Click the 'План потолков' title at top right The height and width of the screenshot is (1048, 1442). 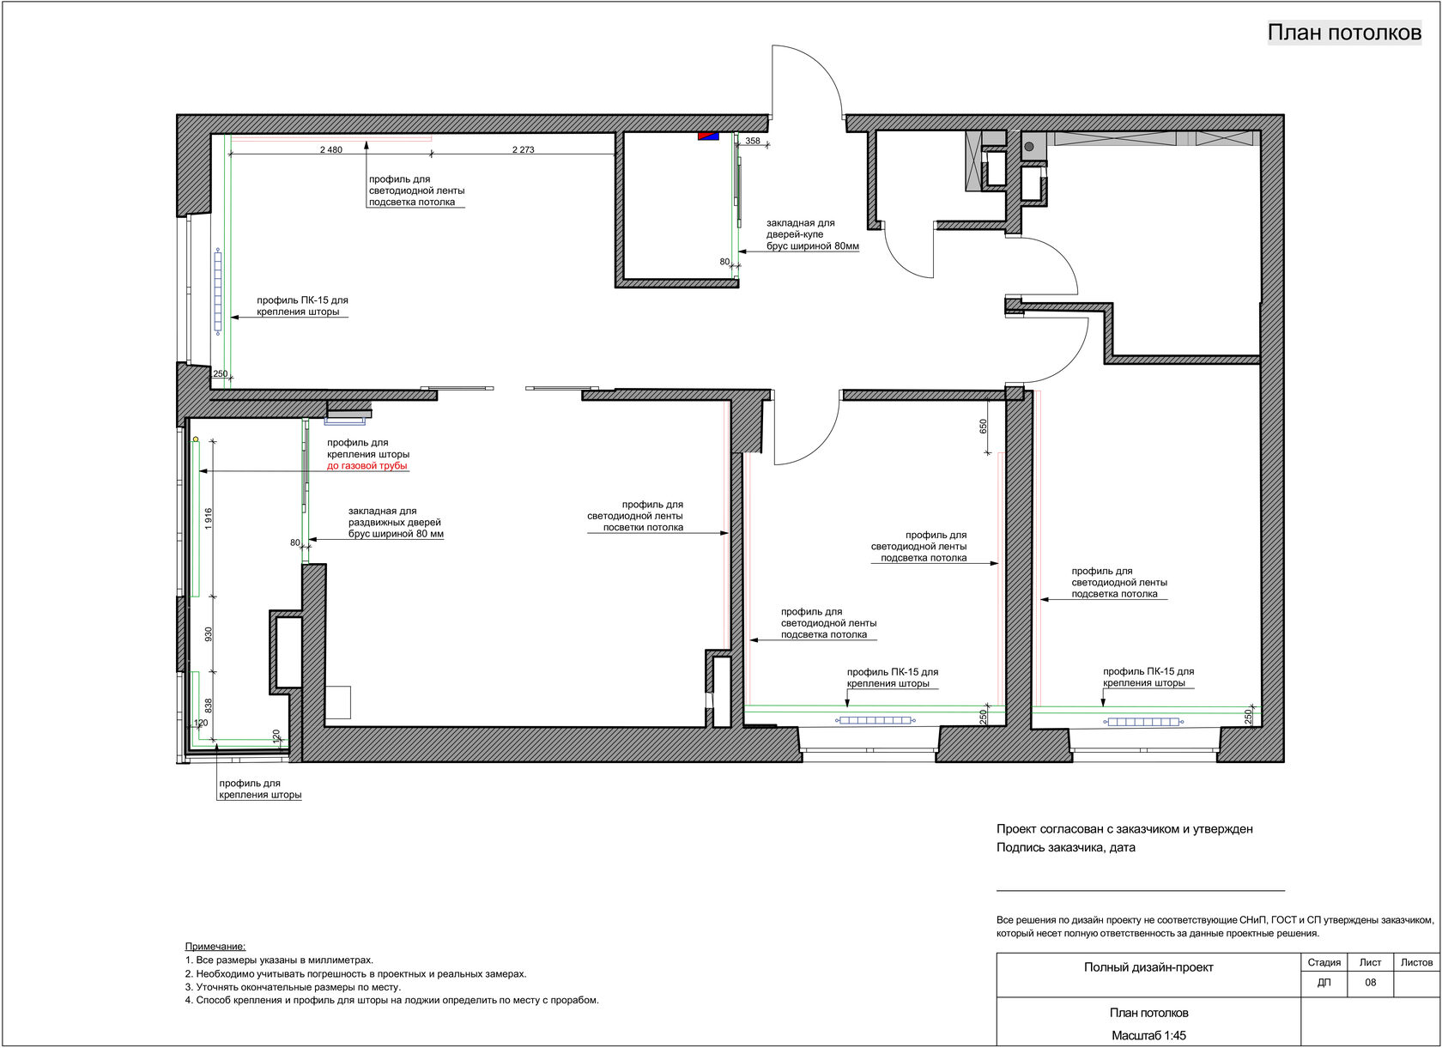pos(1344,33)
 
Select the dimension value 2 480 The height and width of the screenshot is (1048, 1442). pos(331,150)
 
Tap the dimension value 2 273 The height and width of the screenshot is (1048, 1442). pos(524,150)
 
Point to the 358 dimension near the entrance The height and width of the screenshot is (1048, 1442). pos(753,141)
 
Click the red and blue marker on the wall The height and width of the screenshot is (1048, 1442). pos(709,136)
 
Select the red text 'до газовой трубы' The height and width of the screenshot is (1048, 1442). pos(367,465)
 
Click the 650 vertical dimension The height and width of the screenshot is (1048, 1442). pos(983,426)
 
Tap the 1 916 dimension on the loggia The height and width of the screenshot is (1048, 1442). pos(209,518)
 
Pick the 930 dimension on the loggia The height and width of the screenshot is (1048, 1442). pos(209,635)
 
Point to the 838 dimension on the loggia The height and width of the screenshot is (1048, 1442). pos(209,705)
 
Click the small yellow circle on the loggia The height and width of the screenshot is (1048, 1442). pos(196,439)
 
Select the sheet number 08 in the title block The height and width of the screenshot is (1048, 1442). pos(1371,982)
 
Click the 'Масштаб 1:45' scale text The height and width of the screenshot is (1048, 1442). pos(1148,1036)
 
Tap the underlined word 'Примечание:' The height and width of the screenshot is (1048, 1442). pos(215,946)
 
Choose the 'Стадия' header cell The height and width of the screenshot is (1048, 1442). pos(1324,962)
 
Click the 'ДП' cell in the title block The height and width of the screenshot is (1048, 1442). pos(1324,982)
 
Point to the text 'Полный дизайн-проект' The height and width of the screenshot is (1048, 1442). pos(1148,966)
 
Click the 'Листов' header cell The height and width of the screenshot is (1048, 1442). pos(1417,962)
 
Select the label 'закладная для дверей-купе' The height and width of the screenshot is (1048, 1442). pos(800,228)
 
